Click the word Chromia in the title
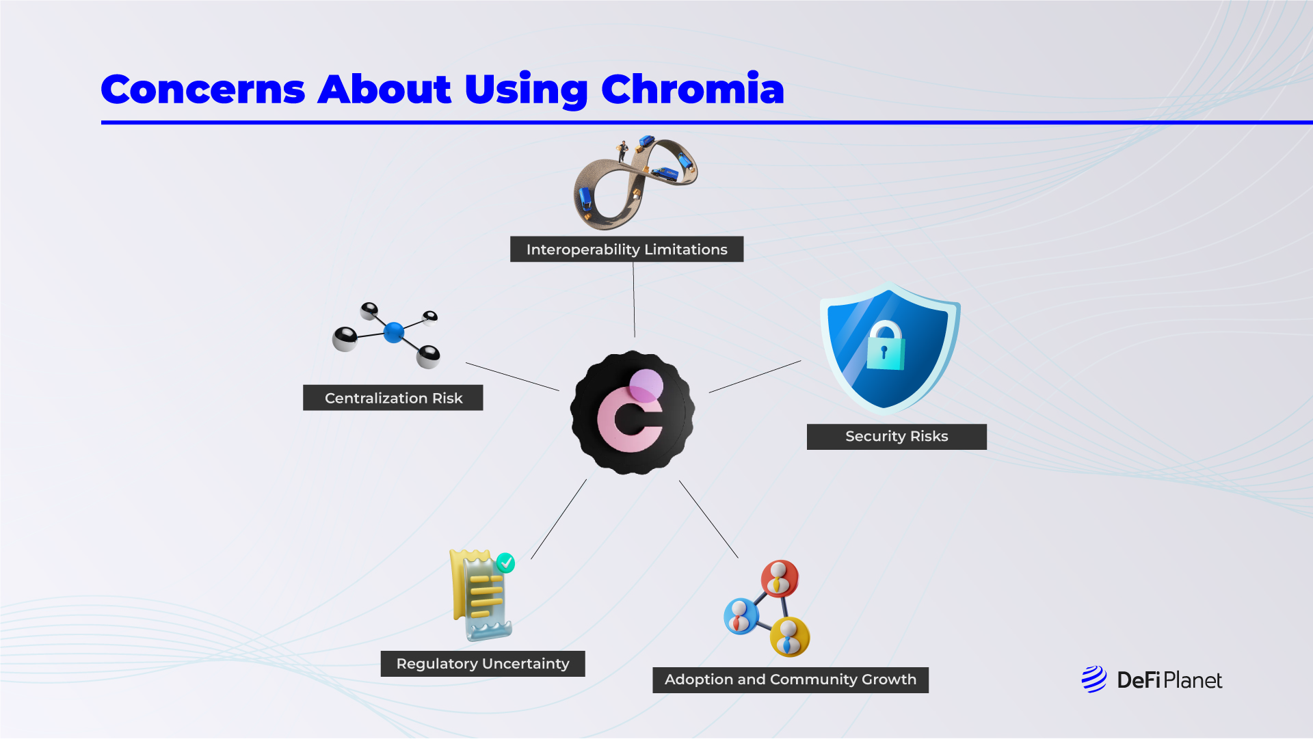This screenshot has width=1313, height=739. coord(692,89)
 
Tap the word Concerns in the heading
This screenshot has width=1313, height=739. coord(203,90)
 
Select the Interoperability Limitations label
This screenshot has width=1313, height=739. coord(626,250)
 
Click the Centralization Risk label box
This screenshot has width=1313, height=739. coord(393,398)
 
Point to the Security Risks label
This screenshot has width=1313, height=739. coord(897,437)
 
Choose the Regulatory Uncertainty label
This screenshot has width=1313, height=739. coord(483,664)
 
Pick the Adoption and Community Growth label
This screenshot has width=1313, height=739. coord(791,680)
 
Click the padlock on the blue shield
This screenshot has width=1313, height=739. coord(886,345)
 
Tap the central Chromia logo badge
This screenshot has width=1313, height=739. coord(633,412)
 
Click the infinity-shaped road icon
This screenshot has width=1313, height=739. coord(635,182)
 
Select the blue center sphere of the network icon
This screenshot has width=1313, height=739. coord(394,332)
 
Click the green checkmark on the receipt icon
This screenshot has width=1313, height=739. coord(505,563)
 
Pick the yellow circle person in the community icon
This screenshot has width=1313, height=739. coord(790,637)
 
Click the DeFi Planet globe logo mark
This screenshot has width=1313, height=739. coord(1094,680)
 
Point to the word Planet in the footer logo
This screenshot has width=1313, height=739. coord(1193,680)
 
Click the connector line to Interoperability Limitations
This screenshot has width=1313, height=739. coord(634,299)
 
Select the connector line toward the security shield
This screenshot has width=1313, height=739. coord(755,377)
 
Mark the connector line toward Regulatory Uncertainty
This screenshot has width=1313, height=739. coord(559,519)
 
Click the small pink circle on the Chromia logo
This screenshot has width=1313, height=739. coord(646,386)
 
